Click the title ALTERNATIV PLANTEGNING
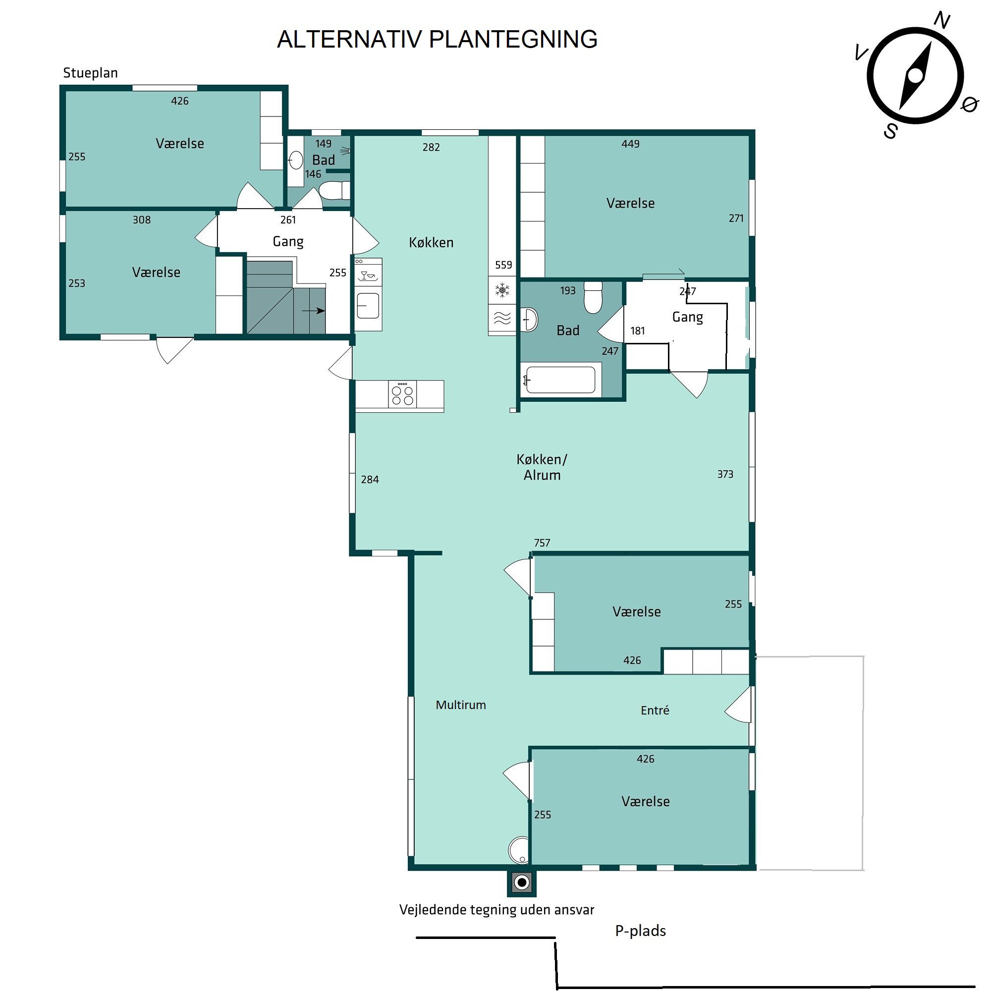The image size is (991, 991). (x=437, y=39)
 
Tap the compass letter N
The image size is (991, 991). (x=941, y=20)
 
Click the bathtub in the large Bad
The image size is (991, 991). (x=560, y=380)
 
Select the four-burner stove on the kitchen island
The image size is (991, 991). (x=402, y=395)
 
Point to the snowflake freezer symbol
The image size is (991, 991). (x=502, y=291)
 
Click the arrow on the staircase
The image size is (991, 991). (x=314, y=310)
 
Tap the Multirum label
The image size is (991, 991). (x=461, y=705)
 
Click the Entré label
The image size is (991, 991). (x=655, y=711)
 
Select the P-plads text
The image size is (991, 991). (x=640, y=931)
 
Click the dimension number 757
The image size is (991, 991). (x=542, y=543)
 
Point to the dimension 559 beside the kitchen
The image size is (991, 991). (x=503, y=265)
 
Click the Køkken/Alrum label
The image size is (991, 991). (x=542, y=467)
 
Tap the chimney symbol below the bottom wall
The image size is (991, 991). (x=522, y=882)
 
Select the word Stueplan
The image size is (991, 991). (x=90, y=73)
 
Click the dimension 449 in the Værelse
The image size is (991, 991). (x=630, y=144)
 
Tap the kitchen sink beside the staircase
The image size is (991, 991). (x=368, y=306)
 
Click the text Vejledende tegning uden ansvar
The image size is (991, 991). (x=496, y=910)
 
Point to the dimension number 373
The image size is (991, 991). (x=725, y=475)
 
